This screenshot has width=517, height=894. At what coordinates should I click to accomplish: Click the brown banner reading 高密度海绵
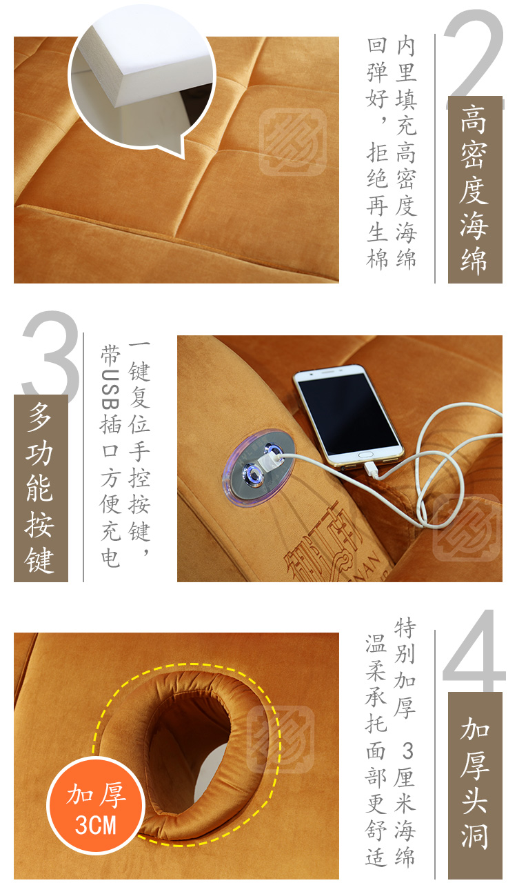(x=475, y=190)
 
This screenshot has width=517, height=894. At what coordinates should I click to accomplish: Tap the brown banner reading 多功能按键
(x=41, y=488)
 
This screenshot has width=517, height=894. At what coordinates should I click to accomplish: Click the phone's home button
(x=365, y=454)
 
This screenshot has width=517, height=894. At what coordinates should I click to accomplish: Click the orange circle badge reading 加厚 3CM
(x=96, y=806)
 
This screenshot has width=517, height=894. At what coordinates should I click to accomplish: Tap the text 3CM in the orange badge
(x=96, y=824)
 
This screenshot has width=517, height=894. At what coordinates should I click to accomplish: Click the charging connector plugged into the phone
(x=372, y=470)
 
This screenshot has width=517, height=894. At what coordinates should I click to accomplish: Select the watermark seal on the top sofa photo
(x=293, y=141)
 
